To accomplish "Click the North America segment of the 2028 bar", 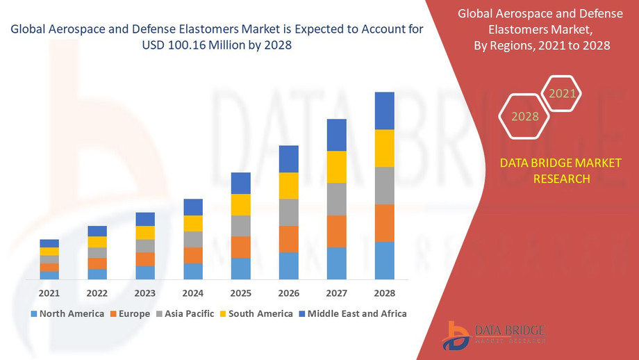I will pos(384,261).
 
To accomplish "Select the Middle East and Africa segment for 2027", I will pos(336,135).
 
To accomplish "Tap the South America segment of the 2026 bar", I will pos(288,186).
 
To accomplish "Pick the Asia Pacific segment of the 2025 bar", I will pos(240,226).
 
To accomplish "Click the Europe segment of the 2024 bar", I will pos(193,255).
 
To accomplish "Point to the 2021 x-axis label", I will pos(49,293).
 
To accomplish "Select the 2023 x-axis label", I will pos(145,293).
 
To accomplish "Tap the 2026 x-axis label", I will pos(288,293).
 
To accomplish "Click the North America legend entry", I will pos(67,313).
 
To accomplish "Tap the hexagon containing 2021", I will pos(561,93).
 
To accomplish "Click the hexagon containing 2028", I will pos(525,116).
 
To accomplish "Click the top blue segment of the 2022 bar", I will pos(97,231).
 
